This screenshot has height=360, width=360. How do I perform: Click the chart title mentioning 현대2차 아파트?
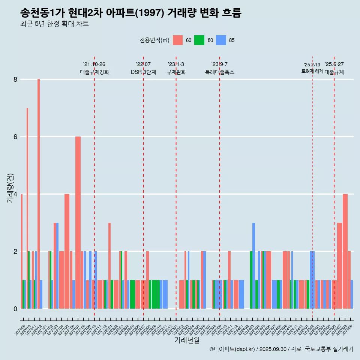[x=131, y=13]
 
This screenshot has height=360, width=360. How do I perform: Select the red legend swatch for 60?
[x=178, y=40]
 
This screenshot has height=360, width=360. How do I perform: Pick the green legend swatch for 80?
[x=199, y=40]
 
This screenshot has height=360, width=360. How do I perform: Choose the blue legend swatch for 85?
[x=221, y=40]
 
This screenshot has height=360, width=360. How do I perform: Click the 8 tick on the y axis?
[x=15, y=79]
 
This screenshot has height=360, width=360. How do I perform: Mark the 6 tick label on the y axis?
[x=15, y=137]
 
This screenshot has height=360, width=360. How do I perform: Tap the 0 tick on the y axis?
[x=15, y=309]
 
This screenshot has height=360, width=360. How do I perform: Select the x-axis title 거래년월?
[x=187, y=340]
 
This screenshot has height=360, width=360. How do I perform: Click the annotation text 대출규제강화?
[x=94, y=72]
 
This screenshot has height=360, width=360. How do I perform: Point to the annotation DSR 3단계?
[x=143, y=72]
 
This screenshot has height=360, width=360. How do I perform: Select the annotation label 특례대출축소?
[x=220, y=72]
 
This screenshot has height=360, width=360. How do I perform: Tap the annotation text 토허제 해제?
[x=312, y=71]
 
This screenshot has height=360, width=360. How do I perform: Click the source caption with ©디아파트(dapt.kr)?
[x=281, y=349]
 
